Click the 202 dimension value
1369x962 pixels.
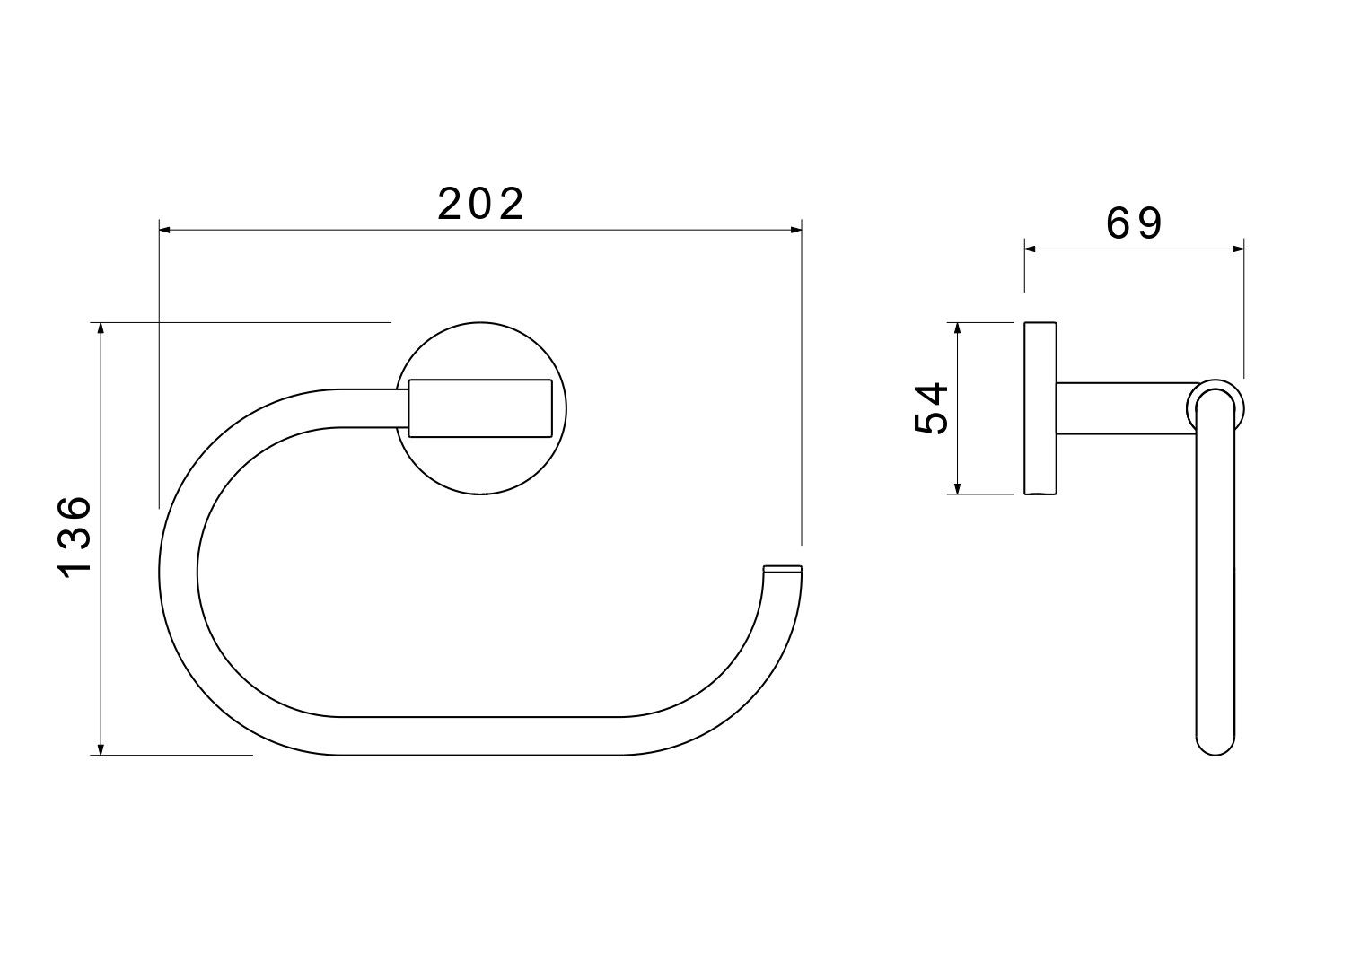pos(481,204)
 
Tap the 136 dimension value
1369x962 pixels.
pos(75,537)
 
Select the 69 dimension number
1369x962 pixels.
pos(1135,223)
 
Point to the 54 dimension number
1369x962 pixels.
pos(931,408)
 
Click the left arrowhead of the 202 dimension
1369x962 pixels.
pos(165,230)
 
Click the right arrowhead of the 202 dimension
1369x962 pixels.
pos(795,230)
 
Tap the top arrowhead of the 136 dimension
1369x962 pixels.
pos(101,328)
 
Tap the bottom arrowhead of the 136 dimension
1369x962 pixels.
pos(101,749)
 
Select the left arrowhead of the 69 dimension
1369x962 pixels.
pos(1031,249)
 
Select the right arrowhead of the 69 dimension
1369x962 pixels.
pos(1238,249)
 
